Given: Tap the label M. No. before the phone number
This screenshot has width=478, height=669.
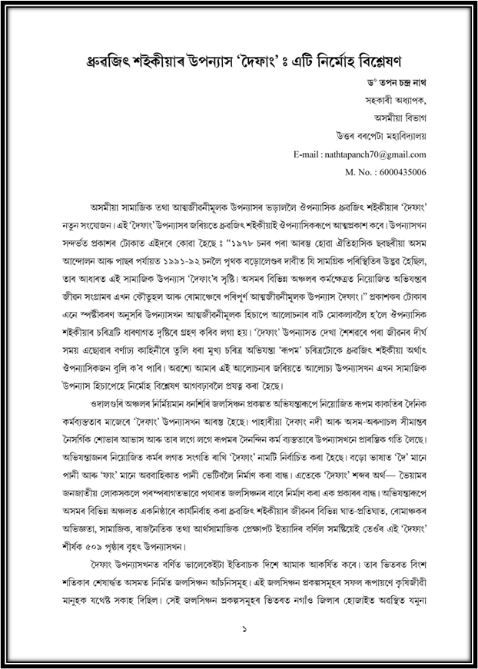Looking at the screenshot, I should tap(360, 172).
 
